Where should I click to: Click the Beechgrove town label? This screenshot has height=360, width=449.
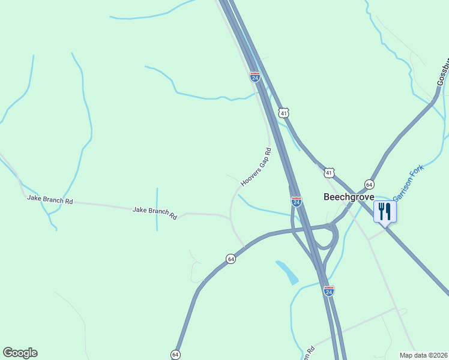click(349, 197)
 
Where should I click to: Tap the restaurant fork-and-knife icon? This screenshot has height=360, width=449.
click(385, 211)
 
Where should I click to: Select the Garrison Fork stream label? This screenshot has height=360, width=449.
click(408, 183)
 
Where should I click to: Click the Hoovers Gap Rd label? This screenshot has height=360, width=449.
click(256, 166)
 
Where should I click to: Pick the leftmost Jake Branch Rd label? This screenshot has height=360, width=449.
click(50, 199)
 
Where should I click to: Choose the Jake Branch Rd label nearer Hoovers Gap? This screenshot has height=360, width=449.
click(155, 212)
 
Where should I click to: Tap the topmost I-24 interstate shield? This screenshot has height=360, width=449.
click(255, 77)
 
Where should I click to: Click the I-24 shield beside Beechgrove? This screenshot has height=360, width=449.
click(297, 202)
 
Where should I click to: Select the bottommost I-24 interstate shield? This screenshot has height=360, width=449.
click(328, 290)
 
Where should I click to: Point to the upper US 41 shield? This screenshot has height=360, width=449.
click(284, 112)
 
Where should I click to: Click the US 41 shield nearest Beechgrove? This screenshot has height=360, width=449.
click(329, 173)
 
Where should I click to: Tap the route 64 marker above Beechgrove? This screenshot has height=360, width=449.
click(369, 184)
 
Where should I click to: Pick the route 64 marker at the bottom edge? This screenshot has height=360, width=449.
click(176, 354)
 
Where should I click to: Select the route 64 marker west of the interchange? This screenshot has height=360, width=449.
click(231, 259)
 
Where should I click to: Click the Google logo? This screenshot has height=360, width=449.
click(20, 353)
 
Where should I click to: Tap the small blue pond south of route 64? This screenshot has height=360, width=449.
click(288, 272)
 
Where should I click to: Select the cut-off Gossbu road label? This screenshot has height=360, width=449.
click(443, 71)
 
